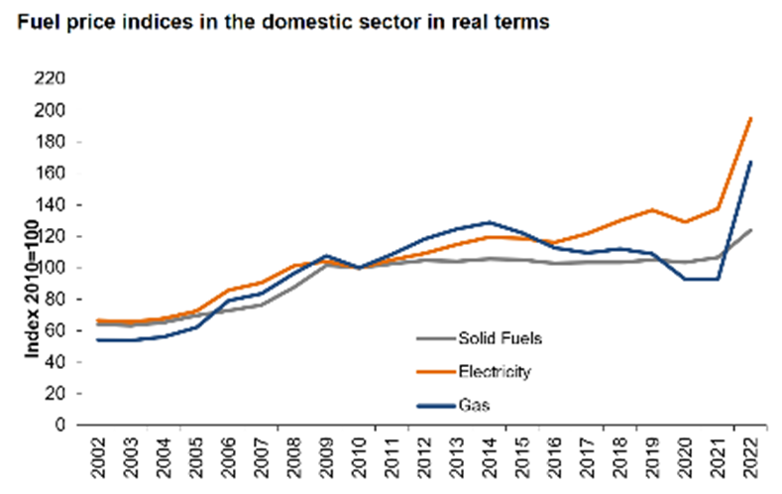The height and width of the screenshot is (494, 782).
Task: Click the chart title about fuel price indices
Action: [x=280, y=23]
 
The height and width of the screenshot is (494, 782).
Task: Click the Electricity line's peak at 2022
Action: [x=750, y=118]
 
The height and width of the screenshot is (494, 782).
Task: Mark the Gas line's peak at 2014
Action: [x=489, y=222]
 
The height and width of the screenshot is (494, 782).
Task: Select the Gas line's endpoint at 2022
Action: [x=750, y=162]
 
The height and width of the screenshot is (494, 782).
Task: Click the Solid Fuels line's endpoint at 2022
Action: [x=750, y=230]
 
